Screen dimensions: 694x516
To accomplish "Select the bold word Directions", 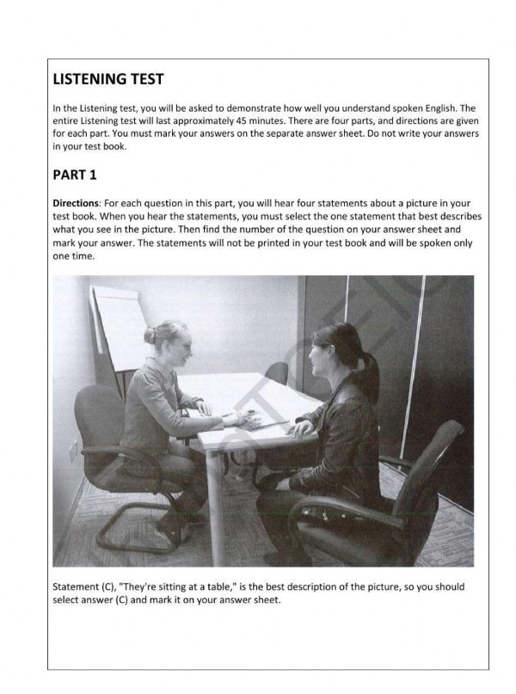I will [x=76, y=201].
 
